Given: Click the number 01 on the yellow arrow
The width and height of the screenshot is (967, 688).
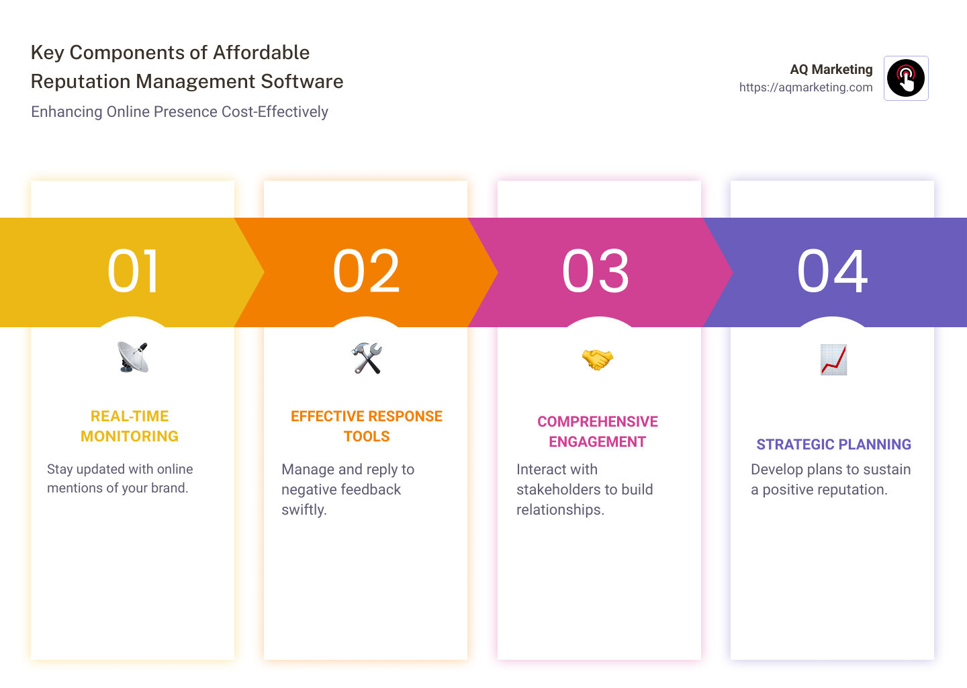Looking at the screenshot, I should pos(133,271).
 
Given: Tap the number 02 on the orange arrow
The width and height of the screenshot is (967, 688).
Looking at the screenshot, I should pos(366,271).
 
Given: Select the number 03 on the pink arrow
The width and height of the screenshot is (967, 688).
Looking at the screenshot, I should pos(596,271).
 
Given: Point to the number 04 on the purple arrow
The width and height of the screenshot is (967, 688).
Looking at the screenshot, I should pos(832,271).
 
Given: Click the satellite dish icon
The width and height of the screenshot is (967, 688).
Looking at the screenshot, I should pos(133,357).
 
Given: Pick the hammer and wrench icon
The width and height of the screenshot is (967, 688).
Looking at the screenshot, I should pos(367,358).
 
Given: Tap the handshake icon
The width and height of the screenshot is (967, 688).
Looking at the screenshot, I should pos(597,359).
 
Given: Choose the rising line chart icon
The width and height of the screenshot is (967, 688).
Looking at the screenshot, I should pos(833,359).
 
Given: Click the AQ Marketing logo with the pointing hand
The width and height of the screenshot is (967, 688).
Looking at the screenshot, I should pos(906,78).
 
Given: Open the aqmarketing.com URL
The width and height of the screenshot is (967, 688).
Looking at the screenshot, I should pos(806,87).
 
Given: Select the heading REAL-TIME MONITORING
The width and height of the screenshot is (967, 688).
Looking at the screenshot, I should pos(130,426).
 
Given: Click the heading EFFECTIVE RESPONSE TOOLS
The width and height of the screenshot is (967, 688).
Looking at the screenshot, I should pos(367,426).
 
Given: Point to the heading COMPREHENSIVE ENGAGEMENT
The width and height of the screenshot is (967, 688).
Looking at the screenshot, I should pos(598,431).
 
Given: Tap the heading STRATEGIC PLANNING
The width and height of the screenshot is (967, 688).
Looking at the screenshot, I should pos(833,444).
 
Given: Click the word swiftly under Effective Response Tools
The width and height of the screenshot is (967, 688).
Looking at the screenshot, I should pos(304,510).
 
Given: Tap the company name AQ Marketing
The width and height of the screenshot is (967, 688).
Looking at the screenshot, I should pos(831,69).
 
